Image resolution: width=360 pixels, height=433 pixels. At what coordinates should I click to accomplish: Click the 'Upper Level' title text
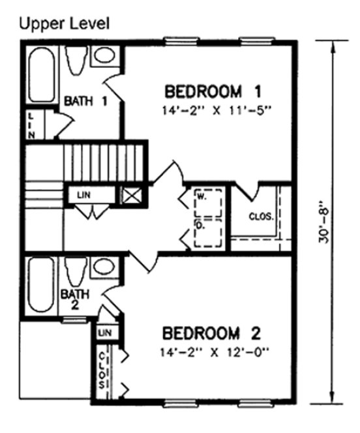pos(63,24)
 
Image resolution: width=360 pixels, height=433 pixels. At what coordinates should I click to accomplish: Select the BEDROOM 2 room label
pos(212,335)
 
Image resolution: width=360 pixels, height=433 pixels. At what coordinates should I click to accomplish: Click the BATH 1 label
pos(85,102)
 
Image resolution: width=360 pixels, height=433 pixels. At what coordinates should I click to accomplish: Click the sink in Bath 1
pos(103,55)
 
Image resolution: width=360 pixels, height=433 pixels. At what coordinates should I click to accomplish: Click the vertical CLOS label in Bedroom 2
pos(103,372)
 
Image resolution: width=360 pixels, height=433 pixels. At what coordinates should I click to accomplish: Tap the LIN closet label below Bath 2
pos(103,333)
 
